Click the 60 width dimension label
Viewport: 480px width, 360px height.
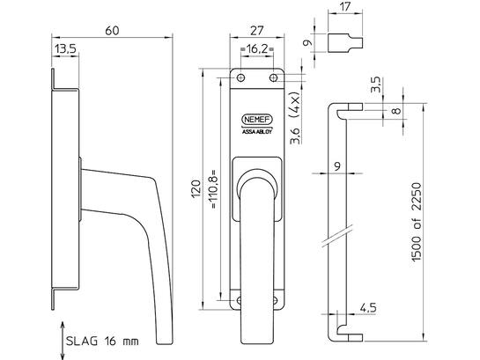pyautogui.click(x=112, y=31)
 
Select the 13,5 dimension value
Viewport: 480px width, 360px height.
pyautogui.click(x=65, y=48)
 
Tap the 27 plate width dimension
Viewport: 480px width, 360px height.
pyautogui.click(x=257, y=31)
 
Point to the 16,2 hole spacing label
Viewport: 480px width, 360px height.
pyautogui.click(x=257, y=48)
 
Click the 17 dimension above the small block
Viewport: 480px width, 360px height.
pyautogui.click(x=345, y=6)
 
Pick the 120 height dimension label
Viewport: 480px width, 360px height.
pyautogui.click(x=196, y=189)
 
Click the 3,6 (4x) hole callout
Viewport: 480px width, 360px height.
pyautogui.click(x=295, y=117)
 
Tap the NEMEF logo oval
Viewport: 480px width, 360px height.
pyautogui.click(x=257, y=120)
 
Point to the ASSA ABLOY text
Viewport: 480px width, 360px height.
pyautogui.click(x=257, y=132)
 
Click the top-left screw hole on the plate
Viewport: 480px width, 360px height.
pyautogui.click(x=241, y=77)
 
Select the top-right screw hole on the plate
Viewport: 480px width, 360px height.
pyautogui.click(x=273, y=77)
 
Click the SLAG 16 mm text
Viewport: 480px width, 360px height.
pyautogui.click(x=102, y=341)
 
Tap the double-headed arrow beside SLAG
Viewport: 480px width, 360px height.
pyautogui.click(x=63, y=341)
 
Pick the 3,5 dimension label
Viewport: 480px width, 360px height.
pyautogui.click(x=375, y=84)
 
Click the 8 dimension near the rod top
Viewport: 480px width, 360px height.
pyautogui.click(x=396, y=110)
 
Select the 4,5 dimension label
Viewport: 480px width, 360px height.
pyautogui.click(x=368, y=307)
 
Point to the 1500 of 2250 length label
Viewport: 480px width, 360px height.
pyautogui.click(x=417, y=223)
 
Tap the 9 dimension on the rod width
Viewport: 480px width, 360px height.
pyautogui.click(x=337, y=166)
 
